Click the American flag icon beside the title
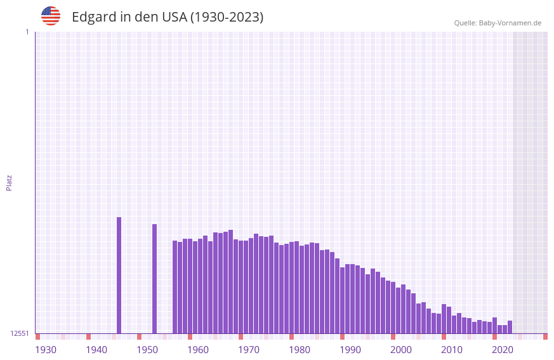point(51,16)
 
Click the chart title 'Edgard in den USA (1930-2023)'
point(168,17)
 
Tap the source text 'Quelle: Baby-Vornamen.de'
point(498,23)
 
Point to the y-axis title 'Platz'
point(9,182)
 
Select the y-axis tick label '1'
point(27,32)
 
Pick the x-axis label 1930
point(46,350)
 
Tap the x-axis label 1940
point(96,350)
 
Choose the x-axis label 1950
point(147,350)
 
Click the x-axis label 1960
point(198,350)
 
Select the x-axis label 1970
point(249,350)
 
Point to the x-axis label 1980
point(300,350)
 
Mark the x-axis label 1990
point(350,350)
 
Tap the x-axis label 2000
point(401,350)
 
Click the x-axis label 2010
point(452,350)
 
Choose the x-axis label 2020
point(503,350)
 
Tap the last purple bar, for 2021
point(510,327)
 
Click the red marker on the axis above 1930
point(37,337)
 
